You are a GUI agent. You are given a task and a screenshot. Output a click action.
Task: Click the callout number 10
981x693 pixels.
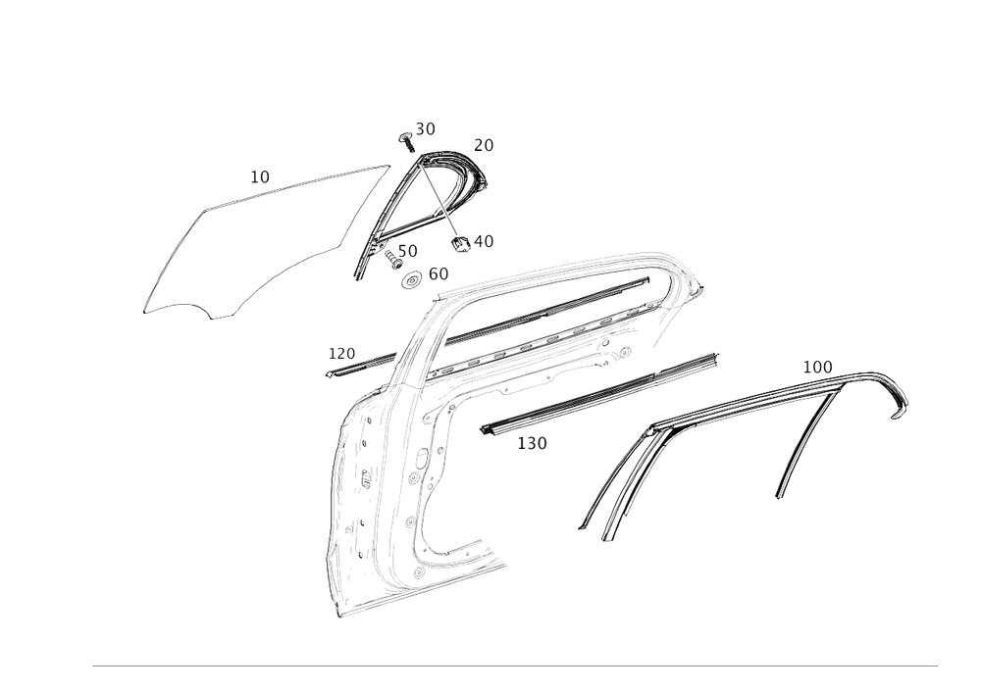click(x=259, y=177)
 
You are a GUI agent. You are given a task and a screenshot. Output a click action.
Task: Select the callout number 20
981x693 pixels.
click(x=484, y=144)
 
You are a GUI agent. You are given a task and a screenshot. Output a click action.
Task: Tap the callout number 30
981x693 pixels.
click(x=425, y=128)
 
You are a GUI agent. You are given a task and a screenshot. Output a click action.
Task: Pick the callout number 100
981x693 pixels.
click(x=817, y=366)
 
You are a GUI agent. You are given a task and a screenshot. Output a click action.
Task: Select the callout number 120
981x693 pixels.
click(x=342, y=351)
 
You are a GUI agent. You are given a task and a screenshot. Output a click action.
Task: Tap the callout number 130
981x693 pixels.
click(x=532, y=443)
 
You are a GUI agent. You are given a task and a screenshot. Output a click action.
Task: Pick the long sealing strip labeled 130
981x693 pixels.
click(x=598, y=392)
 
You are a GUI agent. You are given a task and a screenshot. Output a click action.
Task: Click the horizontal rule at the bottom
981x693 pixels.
click(x=515, y=665)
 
